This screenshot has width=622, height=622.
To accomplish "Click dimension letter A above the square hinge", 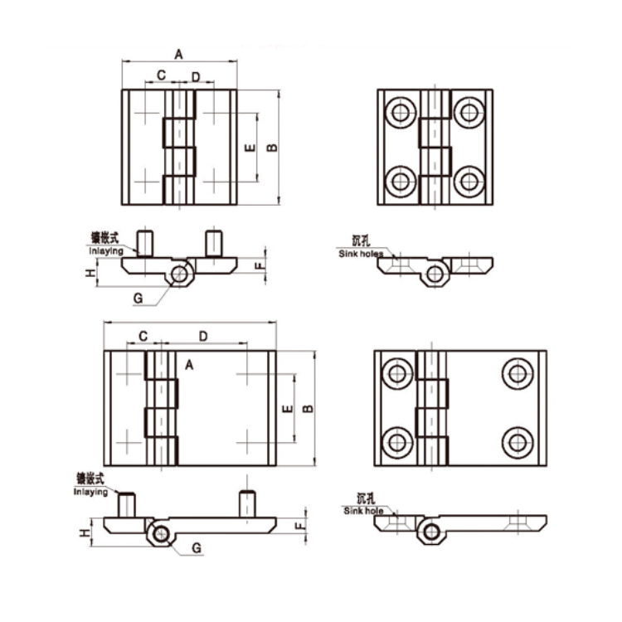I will tap(178, 54).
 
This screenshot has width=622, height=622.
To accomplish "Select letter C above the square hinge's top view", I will tap(161, 75).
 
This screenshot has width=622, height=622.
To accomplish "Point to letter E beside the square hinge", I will tap(249, 148).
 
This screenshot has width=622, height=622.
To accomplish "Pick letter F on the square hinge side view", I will tap(258, 265).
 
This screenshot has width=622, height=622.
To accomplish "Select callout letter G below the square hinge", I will tap(138, 297).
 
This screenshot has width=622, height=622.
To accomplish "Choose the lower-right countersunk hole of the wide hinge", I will tap(518, 440).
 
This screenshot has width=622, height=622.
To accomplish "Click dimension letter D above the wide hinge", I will tap(203, 335).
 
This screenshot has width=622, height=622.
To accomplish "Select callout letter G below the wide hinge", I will tap(196, 548).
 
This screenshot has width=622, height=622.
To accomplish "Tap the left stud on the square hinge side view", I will tap(147, 242).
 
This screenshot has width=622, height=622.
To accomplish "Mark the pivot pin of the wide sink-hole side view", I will tap(430, 532).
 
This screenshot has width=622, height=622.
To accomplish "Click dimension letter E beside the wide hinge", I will tap(286, 408).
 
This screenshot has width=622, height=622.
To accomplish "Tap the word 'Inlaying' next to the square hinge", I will tap(106, 250).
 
